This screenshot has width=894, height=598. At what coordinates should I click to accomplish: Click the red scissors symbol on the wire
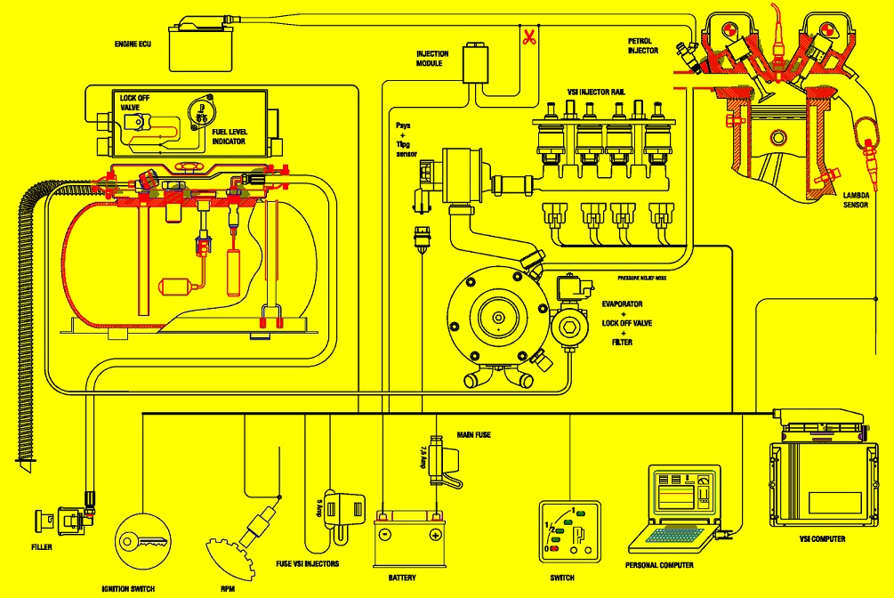coord(528,37)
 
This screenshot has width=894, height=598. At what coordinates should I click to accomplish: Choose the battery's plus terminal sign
coord(434,535)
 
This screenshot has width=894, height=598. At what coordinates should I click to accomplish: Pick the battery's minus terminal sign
coord(384,535)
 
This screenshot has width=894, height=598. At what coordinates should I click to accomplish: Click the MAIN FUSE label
coord(474,435)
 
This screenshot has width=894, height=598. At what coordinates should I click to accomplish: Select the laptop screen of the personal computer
coord(681,491)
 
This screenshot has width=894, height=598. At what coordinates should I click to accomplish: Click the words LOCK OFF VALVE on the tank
coord(133,102)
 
